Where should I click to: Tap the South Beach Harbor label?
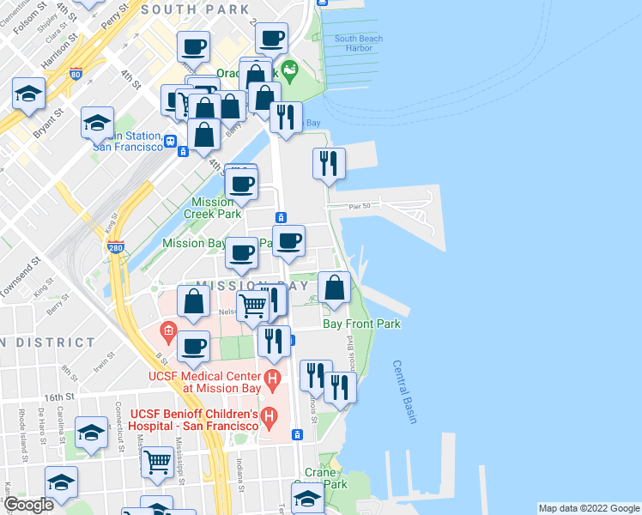pyautogui.click(x=359, y=43)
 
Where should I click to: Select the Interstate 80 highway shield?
pyautogui.click(x=76, y=75)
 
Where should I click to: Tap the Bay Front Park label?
pyautogui.click(x=361, y=324)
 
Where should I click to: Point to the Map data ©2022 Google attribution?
pyautogui.click(x=588, y=508)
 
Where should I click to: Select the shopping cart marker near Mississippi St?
pyautogui.click(x=158, y=462)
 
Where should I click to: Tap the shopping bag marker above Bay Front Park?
pyautogui.click(x=334, y=288)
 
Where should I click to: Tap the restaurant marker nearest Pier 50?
pyautogui.click(x=328, y=164)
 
